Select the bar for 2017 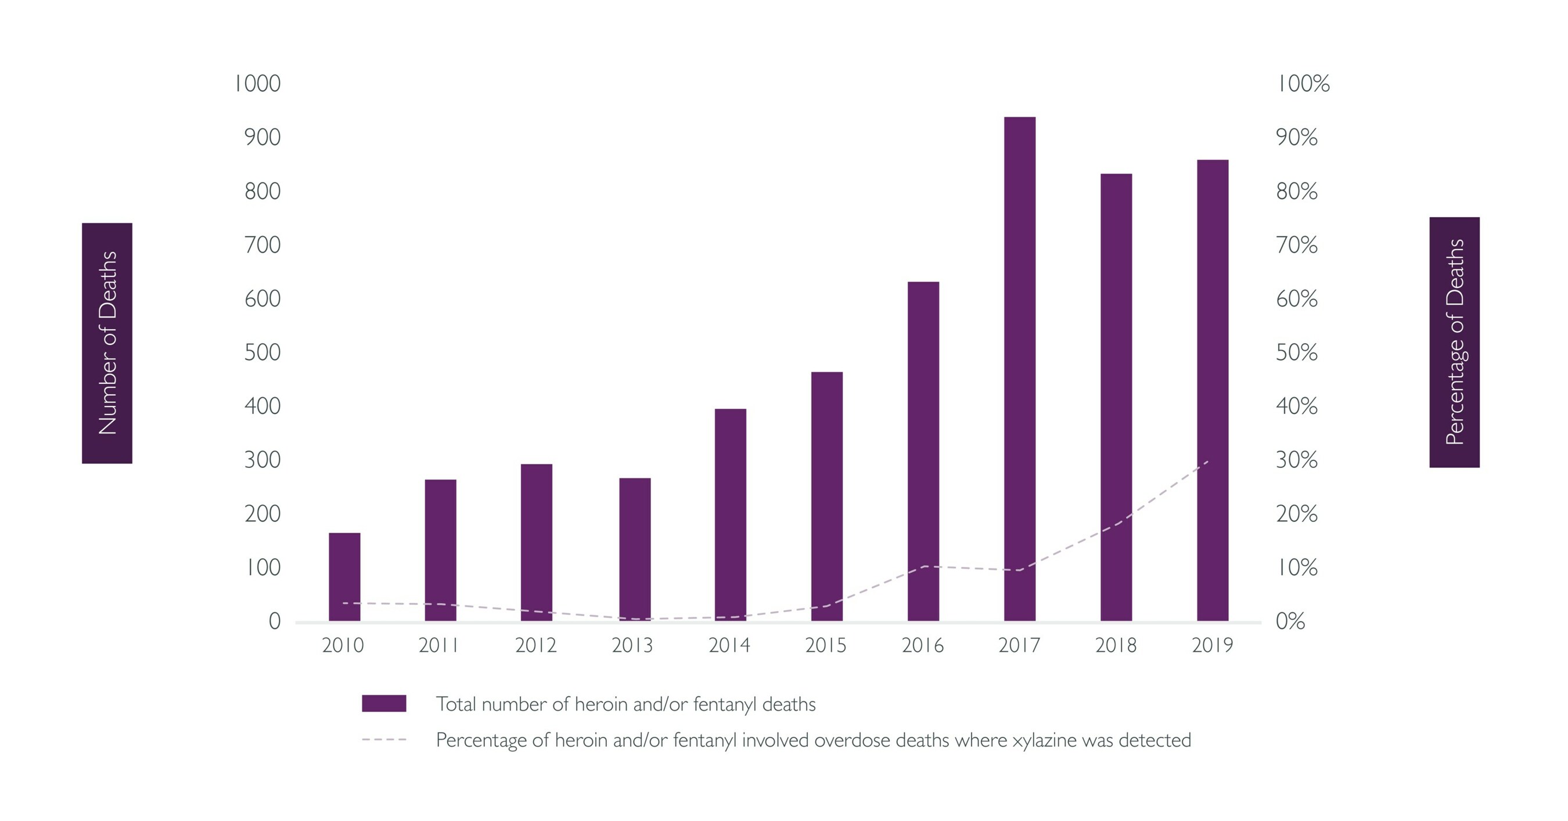[1020, 368]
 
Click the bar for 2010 [344, 577]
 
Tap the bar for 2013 [635, 549]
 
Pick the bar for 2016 [923, 451]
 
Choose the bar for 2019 [1213, 390]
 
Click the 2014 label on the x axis [729, 645]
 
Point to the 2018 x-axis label [1116, 645]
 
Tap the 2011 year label [439, 645]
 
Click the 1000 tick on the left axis [257, 84]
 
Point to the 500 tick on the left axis [262, 352]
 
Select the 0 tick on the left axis [275, 621]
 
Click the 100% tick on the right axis [1303, 84]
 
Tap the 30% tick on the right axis [1297, 460]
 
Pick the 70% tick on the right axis [1297, 245]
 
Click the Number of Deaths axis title [107, 343]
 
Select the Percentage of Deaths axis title [1454, 342]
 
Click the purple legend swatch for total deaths [384, 704]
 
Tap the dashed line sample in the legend [384, 740]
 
